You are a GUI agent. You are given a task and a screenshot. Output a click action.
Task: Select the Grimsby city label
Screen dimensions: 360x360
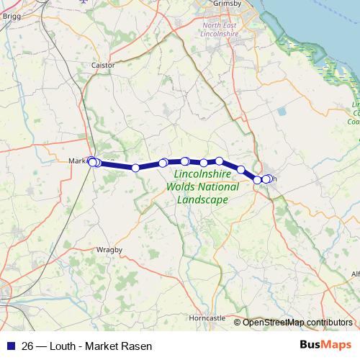click(225, 4)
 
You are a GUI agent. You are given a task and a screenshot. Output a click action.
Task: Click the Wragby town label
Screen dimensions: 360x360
click(109, 249)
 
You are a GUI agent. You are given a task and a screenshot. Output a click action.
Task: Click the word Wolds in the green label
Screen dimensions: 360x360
click(182, 186)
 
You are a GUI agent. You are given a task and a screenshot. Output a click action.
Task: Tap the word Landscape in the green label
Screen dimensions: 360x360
click(207, 199)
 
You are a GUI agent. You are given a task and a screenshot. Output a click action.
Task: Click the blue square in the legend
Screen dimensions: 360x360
click(10, 346)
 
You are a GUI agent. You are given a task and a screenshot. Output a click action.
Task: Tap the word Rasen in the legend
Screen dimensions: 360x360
click(137, 346)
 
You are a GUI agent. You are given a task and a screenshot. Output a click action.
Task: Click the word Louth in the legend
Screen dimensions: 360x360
click(63, 346)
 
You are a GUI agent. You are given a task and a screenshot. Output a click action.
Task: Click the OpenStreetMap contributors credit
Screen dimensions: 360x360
click(297, 323)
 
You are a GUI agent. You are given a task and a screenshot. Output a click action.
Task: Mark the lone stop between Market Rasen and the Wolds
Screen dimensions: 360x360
click(135, 168)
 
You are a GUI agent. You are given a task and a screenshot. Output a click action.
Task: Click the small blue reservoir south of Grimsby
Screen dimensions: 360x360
click(281, 112)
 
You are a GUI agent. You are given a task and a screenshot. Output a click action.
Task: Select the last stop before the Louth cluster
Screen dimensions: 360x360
click(241, 169)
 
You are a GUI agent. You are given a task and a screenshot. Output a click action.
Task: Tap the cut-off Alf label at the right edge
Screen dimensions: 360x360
click(354, 274)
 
